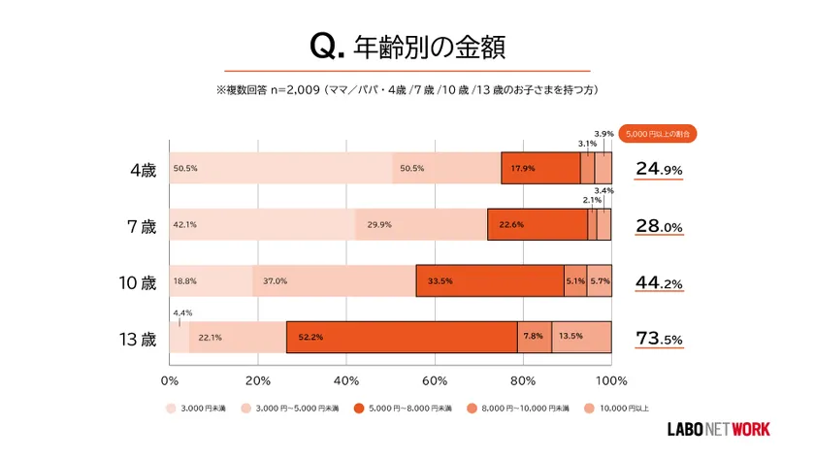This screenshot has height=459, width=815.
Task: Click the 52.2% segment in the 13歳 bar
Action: pos(401,337)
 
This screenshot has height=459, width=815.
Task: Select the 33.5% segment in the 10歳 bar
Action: pos(490,280)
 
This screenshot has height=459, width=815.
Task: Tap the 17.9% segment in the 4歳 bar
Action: pos(540,168)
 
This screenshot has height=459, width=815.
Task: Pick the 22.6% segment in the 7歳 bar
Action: pos(537,224)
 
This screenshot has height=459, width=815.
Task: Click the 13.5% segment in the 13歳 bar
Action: pos(581,337)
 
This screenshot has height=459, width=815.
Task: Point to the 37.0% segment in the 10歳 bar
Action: pos(334,280)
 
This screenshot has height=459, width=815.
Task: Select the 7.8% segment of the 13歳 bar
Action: pos(535,337)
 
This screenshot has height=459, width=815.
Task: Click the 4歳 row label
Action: pos(143,169)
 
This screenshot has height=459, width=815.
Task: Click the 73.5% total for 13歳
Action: pos(660,339)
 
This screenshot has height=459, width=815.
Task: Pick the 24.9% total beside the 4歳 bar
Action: pos(660,169)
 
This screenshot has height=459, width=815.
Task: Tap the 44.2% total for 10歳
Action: pos(660,282)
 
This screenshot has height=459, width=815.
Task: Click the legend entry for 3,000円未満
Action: pos(197,408)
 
